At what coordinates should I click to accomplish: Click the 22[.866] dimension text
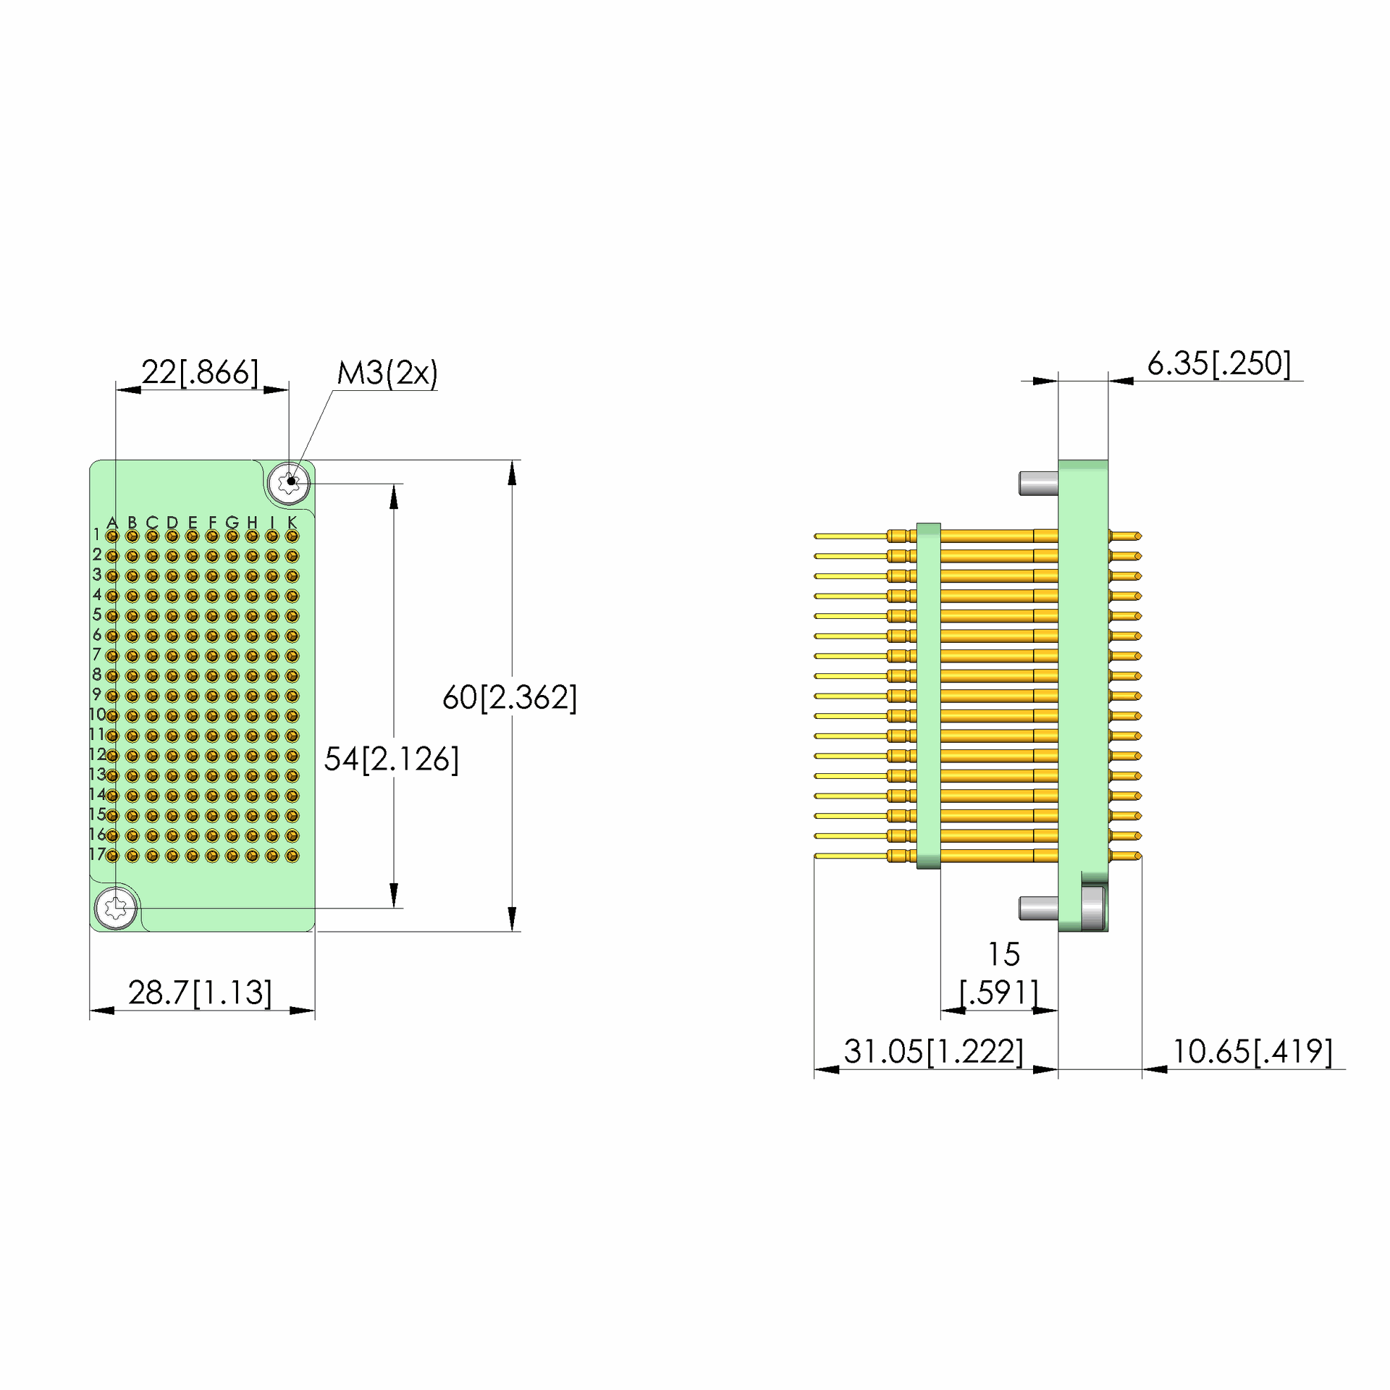coord(200,372)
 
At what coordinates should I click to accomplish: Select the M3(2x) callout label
coord(387,373)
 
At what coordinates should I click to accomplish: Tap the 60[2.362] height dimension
coord(510,697)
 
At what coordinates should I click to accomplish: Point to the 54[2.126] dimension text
coord(391,759)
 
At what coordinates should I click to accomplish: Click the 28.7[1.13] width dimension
coord(200,993)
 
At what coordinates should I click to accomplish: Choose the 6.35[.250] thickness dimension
coord(1219,363)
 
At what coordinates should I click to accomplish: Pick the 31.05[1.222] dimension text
coord(934,1051)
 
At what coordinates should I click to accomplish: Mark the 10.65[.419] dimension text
coord(1252,1051)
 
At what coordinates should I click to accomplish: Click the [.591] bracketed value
coord(999,993)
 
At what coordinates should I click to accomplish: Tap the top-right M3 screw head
coord(290,481)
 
